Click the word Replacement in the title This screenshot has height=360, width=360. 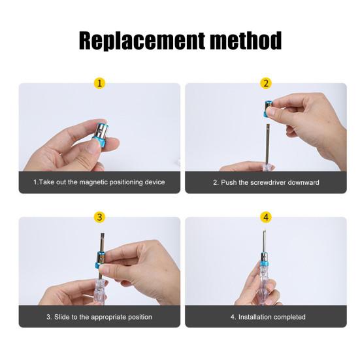(142, 41)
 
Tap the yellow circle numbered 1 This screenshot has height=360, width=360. (99, 83)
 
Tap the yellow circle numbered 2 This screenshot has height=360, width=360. (266, 83)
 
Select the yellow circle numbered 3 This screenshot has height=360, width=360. (99, 217)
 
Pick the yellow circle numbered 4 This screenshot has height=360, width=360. (266, 217)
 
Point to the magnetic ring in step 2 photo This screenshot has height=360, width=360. (268, 108)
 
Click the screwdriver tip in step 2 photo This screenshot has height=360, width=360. (267, 125)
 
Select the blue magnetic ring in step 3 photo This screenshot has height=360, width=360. (100, 260)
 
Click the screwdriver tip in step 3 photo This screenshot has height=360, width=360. (102, 235)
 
